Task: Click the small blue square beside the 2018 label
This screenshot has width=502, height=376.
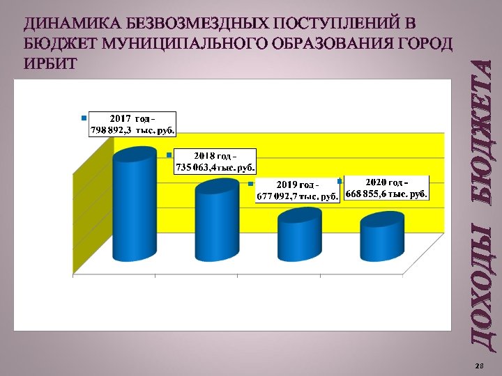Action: pyautogui.click(x=169, y=155)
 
